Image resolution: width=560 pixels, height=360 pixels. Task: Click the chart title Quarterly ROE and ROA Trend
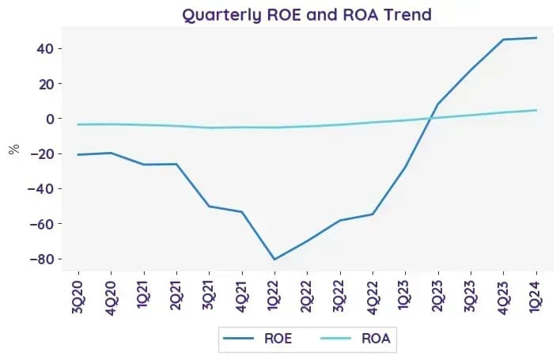[307, 15]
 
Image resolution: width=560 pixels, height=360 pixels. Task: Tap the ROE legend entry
[258, 338]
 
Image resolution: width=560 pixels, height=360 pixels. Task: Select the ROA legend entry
[355, 338]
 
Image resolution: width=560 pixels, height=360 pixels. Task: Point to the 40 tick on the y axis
[44, 48]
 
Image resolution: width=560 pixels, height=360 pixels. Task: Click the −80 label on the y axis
[40, 259]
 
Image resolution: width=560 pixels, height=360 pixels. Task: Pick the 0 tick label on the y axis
[49, 119]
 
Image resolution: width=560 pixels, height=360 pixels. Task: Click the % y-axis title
[14, 150]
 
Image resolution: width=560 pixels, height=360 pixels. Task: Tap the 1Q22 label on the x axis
[274, 296]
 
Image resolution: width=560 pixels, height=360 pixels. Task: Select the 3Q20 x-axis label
[78, 297]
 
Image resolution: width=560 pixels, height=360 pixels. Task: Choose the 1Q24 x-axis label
[536, 297]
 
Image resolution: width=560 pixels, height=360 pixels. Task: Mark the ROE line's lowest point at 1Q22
[274, 260]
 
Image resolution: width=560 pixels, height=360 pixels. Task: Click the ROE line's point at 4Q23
[503, 40]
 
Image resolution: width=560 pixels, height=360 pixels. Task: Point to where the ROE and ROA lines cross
[430, 118]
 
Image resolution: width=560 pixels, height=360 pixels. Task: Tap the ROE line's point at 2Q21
[176, 164]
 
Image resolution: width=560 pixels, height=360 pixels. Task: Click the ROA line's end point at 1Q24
[536, 110]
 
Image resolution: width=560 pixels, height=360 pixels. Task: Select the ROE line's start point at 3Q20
[78, 154]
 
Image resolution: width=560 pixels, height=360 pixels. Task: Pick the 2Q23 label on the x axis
[438, 297]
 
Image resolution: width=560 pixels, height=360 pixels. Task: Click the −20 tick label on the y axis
[40, 153]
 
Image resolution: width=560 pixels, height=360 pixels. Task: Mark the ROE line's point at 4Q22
[373, 214]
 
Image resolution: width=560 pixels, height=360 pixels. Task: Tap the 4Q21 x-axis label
[242, 297]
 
